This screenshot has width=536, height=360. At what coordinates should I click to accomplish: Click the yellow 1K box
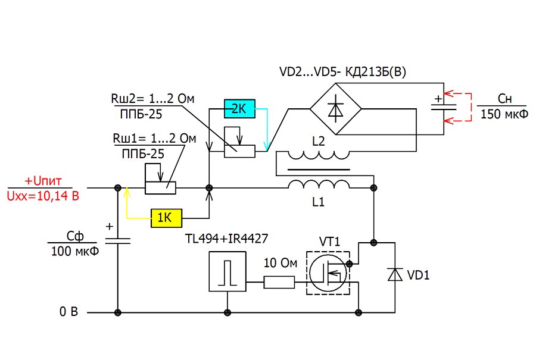coord(167,218)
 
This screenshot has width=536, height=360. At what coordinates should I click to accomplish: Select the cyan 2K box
coord(239,109)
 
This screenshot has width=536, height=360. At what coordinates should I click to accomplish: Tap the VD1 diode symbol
coord(395,274)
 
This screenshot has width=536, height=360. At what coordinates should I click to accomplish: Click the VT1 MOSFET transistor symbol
coord(328,273)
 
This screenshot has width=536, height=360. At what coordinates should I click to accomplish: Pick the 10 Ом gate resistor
coord(279,283)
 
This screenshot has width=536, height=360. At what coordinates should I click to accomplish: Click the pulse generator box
coord(228,271)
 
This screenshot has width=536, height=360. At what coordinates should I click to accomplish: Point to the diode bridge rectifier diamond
coord(336,109)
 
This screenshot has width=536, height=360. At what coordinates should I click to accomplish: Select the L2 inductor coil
coord(319,155)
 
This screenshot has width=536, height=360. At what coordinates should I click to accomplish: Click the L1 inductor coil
coord(319,184)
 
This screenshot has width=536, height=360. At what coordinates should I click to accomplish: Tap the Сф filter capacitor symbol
coord(117,241)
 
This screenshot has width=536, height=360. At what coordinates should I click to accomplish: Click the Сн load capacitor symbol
coord(444,107)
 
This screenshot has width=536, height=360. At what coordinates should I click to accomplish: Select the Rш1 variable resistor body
coord(160,188)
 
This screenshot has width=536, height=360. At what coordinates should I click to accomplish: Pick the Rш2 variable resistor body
coord(239,151)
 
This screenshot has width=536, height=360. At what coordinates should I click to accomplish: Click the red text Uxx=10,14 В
coord(43,196)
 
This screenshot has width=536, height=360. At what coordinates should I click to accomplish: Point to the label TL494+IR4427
coord(226,239)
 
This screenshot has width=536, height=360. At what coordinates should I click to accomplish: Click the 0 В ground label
coord(68,311)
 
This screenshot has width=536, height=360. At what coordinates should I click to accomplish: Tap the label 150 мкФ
coord(504,114)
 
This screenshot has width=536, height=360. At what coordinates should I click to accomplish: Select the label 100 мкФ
coord(75,251)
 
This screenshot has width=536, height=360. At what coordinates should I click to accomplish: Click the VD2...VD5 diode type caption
coord(343,72)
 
